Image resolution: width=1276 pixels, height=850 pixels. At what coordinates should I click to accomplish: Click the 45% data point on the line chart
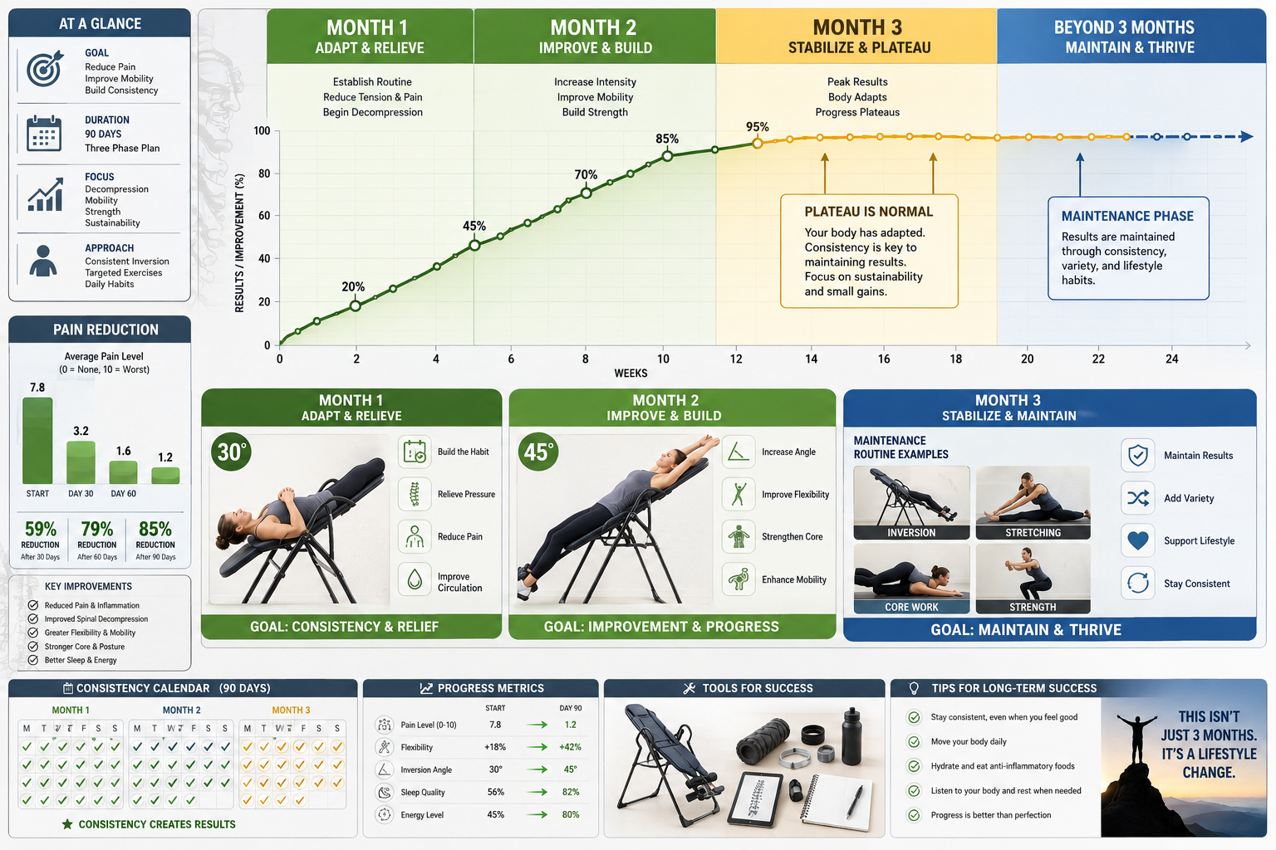click(474, 246)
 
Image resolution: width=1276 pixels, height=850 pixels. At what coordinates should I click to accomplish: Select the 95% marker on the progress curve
click(757, 144)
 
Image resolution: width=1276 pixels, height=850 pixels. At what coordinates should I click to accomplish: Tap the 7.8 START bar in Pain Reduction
click(37, 441)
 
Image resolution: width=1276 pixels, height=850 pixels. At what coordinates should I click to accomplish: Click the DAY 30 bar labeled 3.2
click(81, 462)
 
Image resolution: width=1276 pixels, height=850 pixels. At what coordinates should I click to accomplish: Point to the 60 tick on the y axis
click(263, 216)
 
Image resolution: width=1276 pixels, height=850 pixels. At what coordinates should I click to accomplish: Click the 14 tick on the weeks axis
click(811, 359)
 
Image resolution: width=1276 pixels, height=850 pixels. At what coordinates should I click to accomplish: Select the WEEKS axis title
click(631, 374)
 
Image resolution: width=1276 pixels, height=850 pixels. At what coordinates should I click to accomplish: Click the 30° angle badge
click(231, 452)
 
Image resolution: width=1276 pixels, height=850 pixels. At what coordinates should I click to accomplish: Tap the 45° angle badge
click(538, 452)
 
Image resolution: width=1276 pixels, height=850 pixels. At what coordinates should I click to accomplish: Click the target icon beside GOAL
click(45, 69)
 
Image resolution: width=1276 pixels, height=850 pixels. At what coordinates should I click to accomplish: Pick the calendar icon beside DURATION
click(44, 133)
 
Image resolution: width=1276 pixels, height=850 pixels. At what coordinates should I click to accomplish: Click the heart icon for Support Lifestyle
click(1137, 541)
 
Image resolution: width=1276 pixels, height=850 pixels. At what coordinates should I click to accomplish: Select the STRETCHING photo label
click(1033, 533)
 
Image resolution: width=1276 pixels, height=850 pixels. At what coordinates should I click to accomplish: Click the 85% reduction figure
click(155, 529)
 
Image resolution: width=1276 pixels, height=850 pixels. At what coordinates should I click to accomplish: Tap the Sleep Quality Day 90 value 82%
click(570, 792)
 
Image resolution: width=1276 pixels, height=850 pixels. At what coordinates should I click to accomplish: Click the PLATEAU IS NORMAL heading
click(869, 212)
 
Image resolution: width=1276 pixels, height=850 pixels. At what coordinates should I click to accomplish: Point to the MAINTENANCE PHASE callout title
click(1127, 217)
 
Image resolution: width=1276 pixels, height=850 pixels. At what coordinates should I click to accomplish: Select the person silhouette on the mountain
click(1136, 739)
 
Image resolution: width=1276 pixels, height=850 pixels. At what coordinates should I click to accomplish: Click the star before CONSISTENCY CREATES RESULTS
click(67, 824)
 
